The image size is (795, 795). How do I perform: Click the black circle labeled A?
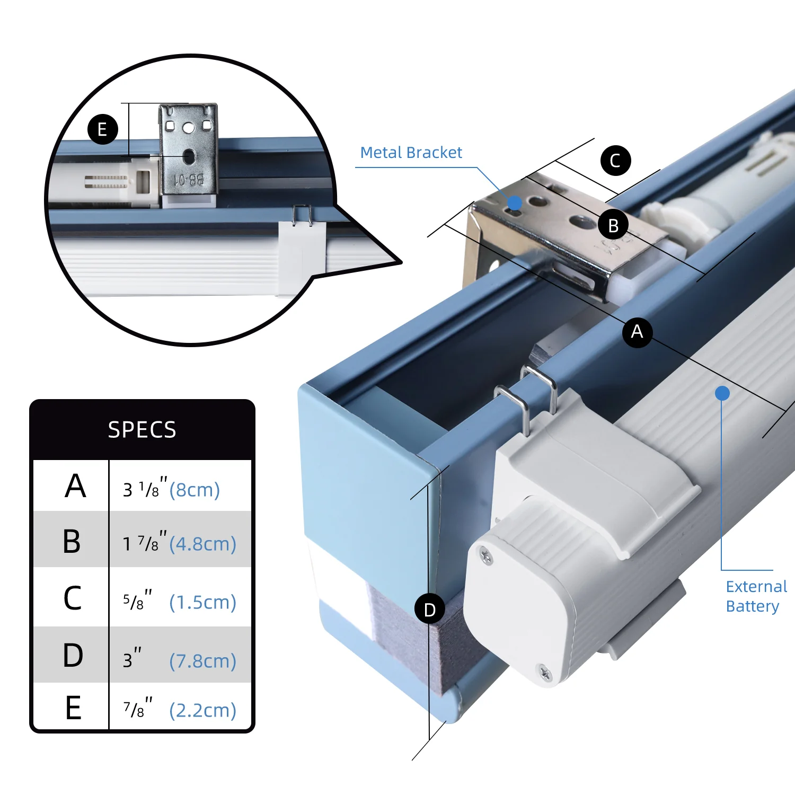637,332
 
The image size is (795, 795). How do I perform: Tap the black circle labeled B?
613,225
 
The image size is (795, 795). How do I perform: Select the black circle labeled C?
615,160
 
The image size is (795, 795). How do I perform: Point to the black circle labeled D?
430,609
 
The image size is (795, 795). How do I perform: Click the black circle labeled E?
102,129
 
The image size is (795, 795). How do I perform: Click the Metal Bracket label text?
411,153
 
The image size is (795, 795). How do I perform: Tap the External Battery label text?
756,596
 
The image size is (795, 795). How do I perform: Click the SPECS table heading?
142,429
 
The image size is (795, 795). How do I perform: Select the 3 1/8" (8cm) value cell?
171,489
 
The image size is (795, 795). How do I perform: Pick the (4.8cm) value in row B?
202,544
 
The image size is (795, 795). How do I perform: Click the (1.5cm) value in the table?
202,602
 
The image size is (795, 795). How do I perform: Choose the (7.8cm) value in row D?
202,661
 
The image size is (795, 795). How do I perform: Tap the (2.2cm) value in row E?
202,710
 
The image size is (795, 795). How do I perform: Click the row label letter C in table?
73,598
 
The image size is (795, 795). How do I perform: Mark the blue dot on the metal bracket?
514,202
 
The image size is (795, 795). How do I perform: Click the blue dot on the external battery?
722,393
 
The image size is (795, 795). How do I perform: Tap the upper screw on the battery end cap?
485,556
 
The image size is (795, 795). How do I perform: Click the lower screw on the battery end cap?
545,674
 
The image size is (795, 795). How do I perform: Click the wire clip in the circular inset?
302,215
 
